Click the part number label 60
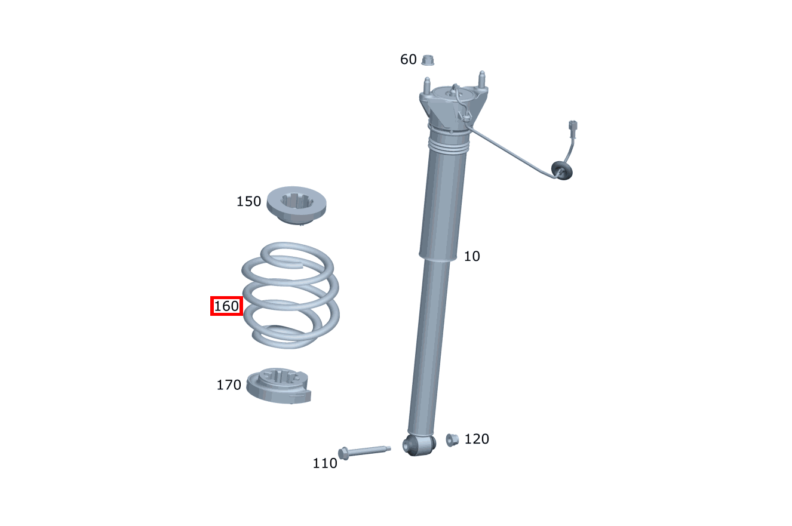pos(409,59)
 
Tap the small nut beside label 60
pos(428,60)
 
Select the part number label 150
pos(248,201)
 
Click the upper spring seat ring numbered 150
pos(296,205)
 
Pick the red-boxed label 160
pos(226,306)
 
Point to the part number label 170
pos(229,385)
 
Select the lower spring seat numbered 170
pos(278,386)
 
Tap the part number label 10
pos(472,256)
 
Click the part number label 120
pos(477,439)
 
